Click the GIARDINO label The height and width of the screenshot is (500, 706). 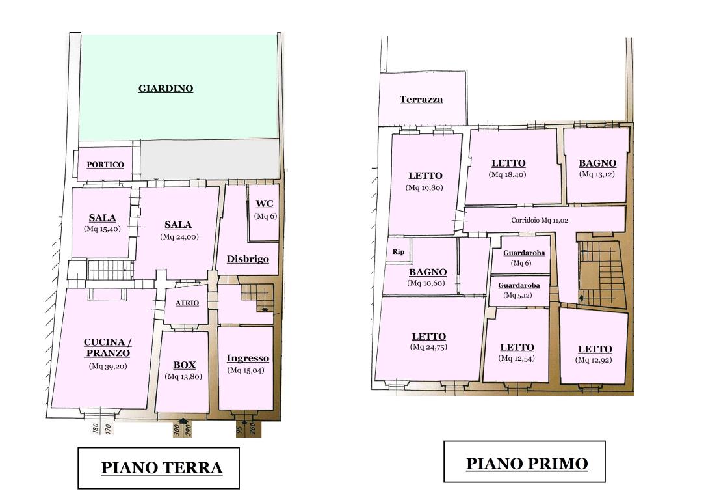pos(166,89)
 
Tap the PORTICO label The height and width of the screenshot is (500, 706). pos(105,165)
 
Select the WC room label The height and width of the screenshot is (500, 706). pos(265,203)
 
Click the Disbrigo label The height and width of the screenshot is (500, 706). pos(248,259)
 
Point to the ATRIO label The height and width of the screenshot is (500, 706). pos(187,303)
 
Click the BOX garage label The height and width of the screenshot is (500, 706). pos(184,365)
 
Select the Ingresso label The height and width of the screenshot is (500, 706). pos(247,359)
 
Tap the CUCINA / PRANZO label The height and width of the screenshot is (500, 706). pos(107,348)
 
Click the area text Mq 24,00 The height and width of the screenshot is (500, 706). pos(178,237)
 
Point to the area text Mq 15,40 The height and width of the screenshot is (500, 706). pos(103,229)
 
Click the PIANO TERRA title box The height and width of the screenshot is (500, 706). pos(159,467)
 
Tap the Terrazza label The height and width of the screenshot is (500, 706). pos(421,100)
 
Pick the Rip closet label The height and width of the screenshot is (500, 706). pos(398,252)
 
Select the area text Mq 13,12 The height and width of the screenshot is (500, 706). pos(597,174)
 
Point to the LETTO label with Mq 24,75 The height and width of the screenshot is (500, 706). pos(428,337)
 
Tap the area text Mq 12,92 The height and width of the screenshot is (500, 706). pos(594,360)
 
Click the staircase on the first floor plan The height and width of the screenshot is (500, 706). pos(601,273)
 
